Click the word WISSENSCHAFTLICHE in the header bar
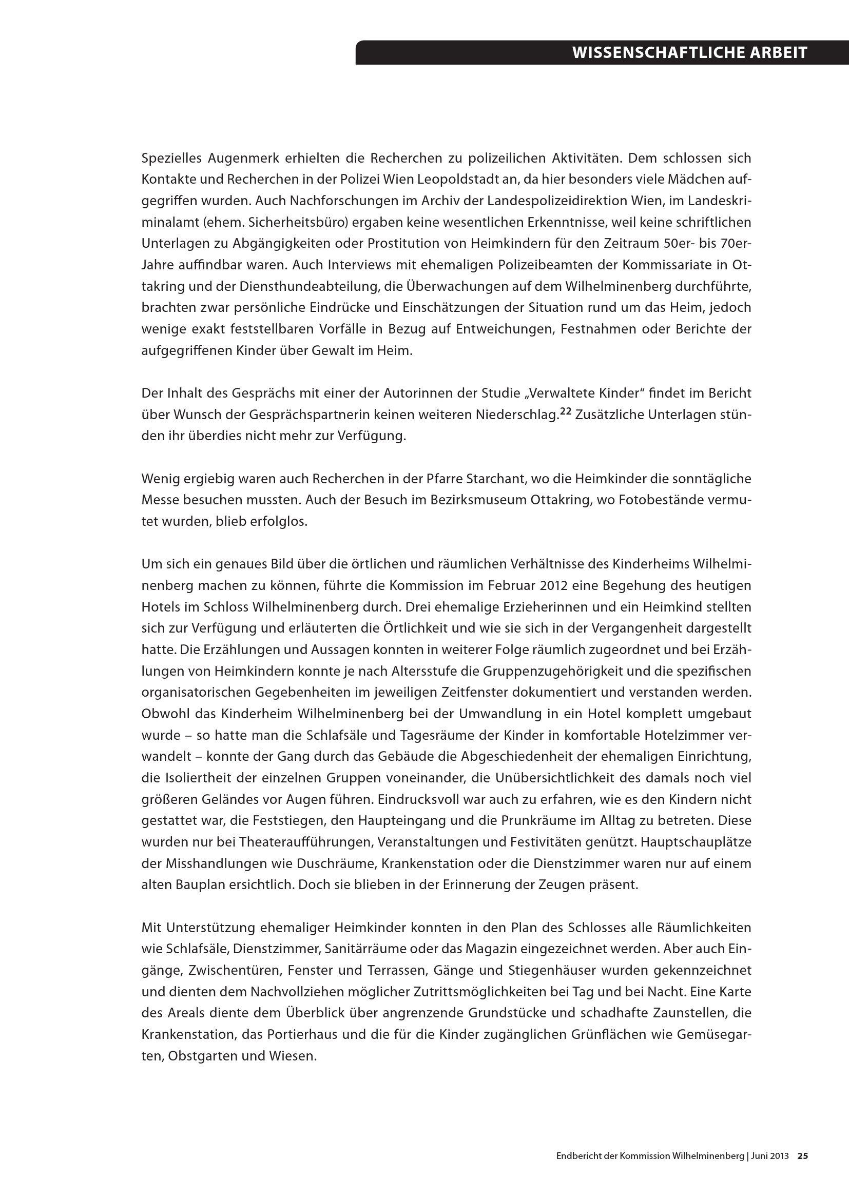(x=650, y=53)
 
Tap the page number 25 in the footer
(x=802, y=1156)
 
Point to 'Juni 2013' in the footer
(x=770, y=1156)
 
